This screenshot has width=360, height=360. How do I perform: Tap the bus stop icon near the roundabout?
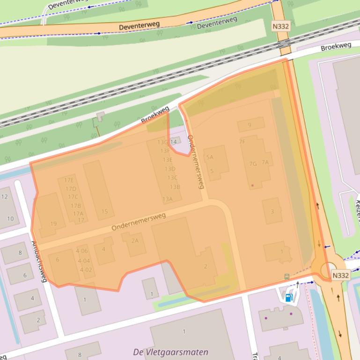tap(287, 276)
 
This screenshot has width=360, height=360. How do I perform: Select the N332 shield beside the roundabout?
tap(340, 276)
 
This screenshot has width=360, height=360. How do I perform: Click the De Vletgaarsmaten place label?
tap(170, 352)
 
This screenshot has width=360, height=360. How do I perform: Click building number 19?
tap(53, 224)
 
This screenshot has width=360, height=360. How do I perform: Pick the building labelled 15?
tap(104, 212)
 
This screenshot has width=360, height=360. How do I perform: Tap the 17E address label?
tap(69, 180)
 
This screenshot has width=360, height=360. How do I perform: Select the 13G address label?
tap(162, 142)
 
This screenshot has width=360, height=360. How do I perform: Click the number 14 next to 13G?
tap(174, 142)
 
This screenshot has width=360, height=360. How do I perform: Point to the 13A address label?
tap(167, 199)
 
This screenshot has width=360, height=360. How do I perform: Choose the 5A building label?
tap(209, 158)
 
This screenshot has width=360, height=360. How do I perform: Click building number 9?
tap(250, 125)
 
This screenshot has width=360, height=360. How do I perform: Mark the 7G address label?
tap(253, 164)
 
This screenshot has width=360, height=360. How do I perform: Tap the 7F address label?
tap(242, 142)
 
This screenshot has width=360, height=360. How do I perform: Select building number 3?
tap(272, 211)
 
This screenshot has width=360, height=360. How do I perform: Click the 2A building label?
tap(135, 241)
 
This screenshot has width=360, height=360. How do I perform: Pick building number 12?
tap(5, 197)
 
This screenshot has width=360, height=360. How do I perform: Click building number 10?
tap(10, 219)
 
